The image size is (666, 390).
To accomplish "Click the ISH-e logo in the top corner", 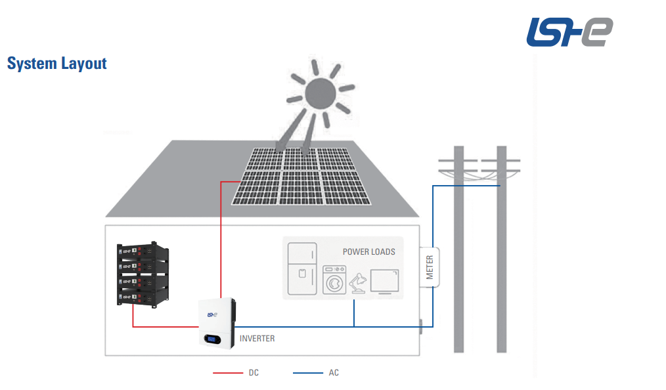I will [569, 32].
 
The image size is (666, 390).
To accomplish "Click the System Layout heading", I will [56, 64].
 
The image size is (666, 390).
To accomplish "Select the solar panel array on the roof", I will [300, 175].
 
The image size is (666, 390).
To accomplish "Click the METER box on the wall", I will [430, 267].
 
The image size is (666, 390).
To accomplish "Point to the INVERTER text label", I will [257, 339].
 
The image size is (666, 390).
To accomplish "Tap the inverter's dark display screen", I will [216, 339].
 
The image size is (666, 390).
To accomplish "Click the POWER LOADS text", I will [369, 251].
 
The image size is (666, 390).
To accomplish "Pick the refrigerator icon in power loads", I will [302, 269].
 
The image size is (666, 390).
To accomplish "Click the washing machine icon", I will [335, 281].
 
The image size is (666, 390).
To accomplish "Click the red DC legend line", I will [227, 373].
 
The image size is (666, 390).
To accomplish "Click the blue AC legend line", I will [308, 373].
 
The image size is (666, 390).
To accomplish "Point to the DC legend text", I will [254, 373].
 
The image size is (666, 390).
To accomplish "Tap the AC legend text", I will [334, 373].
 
